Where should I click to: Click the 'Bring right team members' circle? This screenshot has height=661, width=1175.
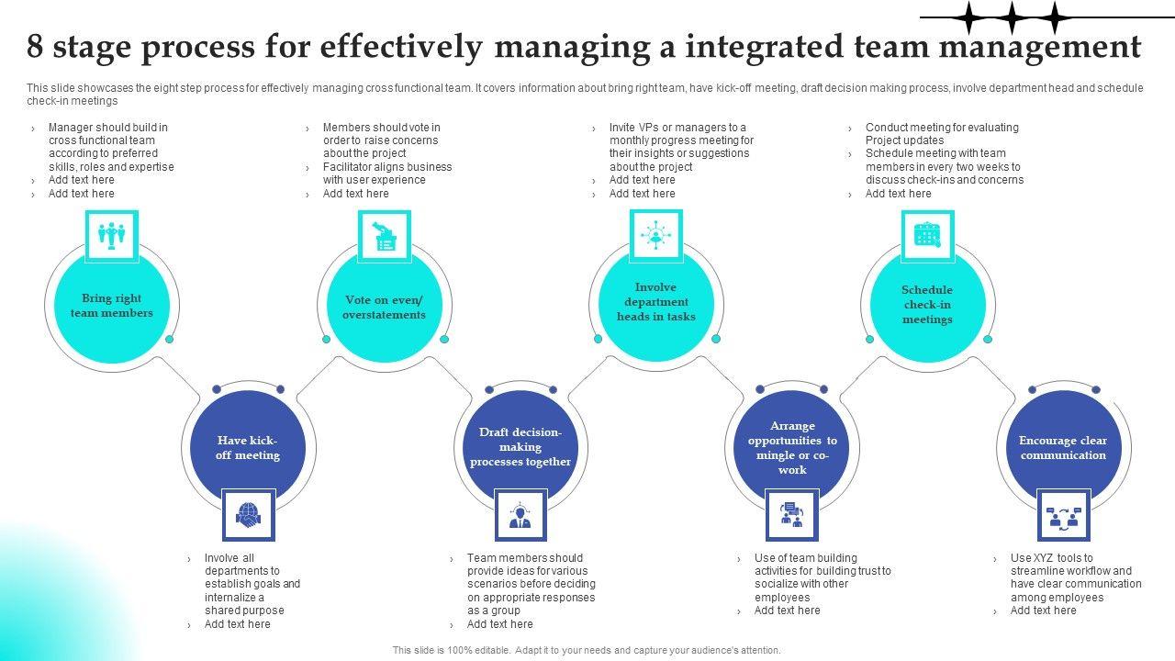(x=112, y=306)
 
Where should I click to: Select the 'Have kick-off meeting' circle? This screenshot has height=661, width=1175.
(x=248, y=448)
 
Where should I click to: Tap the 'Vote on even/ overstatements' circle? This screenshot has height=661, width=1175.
(x=384, y=307)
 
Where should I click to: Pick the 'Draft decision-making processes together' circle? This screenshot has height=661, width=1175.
(x=520, y=447)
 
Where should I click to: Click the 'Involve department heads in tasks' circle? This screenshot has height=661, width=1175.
(x=656, y=302)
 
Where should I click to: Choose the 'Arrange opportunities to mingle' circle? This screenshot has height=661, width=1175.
(x=792, y=448)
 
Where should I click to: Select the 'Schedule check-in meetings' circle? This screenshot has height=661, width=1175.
(x=927, y=305)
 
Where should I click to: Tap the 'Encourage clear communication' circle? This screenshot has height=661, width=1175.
(x=1063, y=448)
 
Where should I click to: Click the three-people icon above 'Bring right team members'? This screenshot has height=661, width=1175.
(x=112, y=236)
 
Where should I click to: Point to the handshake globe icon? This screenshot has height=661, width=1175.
(x=248, y=515)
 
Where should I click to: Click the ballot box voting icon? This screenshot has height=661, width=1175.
(x=384, y=236)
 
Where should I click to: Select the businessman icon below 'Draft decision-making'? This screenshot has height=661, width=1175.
(x=520, y=515)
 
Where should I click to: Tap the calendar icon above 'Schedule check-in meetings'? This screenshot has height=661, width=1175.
(x=927, y=235)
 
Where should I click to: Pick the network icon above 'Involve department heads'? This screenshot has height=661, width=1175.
(x=656, y=235)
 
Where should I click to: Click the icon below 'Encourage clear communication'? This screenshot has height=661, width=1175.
(x=1063, y=515)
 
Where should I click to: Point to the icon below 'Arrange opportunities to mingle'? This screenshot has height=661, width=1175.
(x=792, y=515)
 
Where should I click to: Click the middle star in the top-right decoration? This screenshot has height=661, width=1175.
(x=1011, y=17)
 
